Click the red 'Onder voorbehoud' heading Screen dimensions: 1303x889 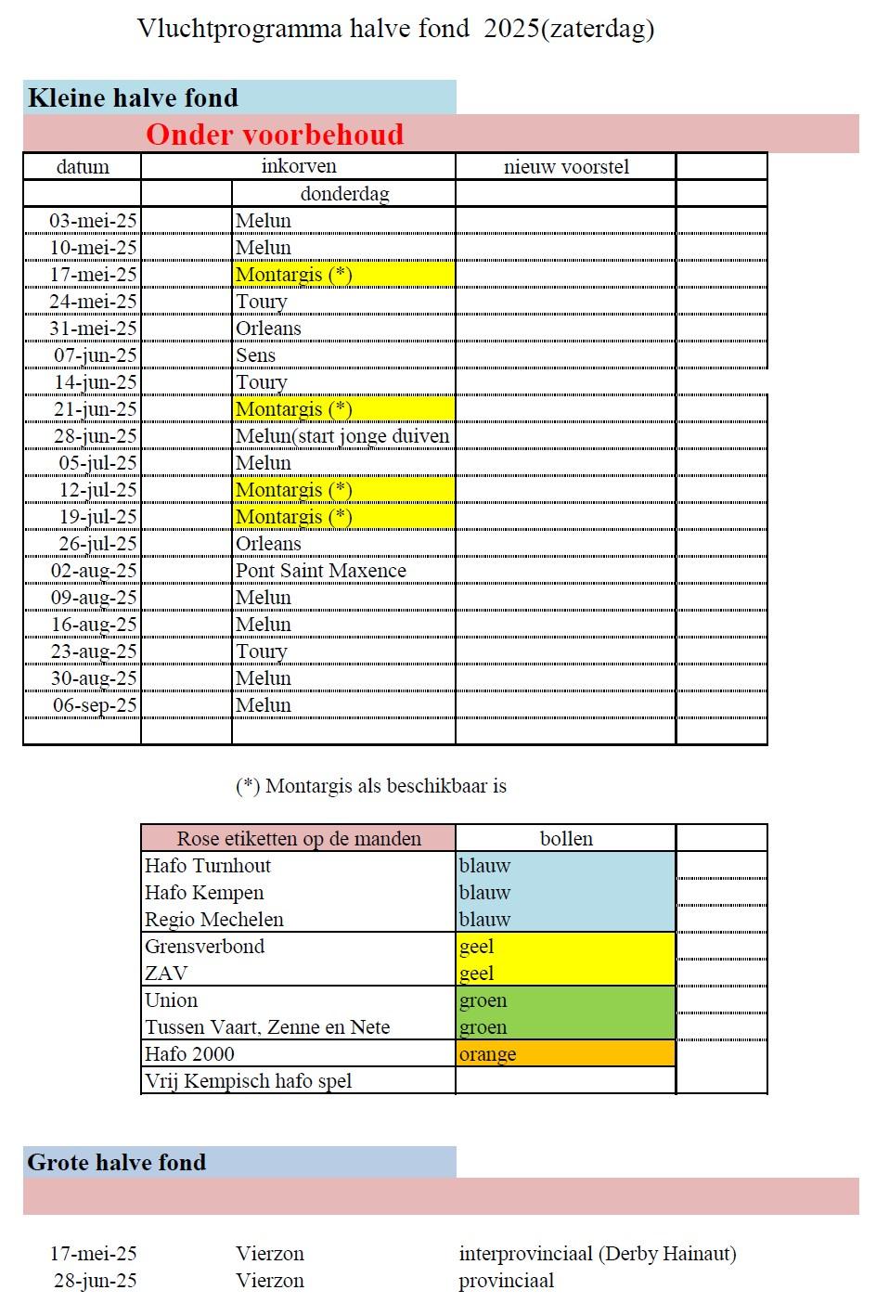click(x=275, y=135)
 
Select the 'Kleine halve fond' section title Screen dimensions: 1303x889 click(x=133, y=97)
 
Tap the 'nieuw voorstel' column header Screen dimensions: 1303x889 click(x=566, y=167)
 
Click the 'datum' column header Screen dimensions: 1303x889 click(x=83, y=167)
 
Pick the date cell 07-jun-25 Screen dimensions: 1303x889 click(x=95, y=355)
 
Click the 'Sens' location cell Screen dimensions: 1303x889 click(x=255, y=355)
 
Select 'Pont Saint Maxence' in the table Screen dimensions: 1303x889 click(x=320, y=571)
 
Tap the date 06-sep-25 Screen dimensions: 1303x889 click(x=95, y=705)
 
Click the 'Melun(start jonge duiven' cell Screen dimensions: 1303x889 click(x=342, y=436)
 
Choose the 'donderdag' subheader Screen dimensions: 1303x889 click(x=344, y=194)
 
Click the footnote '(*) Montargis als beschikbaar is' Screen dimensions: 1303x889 click(x=371, y=786)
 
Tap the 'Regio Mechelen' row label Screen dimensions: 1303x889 click(x=214, y=920)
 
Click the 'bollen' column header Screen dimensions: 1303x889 click(x=566, y=838)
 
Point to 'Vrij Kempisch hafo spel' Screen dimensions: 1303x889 click(x=249, y=1081)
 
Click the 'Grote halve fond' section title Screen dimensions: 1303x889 click(x=117, y=1162)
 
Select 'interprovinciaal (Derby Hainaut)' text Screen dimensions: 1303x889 click(x=597, y=1254)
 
